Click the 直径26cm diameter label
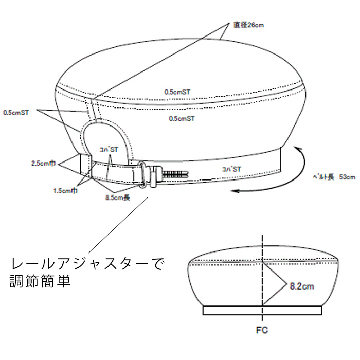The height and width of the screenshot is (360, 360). [248, 24]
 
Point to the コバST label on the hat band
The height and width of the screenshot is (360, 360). [231, 168]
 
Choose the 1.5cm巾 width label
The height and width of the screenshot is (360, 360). [66, 190]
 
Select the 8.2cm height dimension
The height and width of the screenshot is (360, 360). [301, 284]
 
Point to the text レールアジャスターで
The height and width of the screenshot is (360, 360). [87, 265]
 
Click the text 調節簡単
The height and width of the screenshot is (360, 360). [40, 282]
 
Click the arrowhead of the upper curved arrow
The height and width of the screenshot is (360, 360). [298, 148]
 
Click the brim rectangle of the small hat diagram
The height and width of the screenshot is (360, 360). [262, 310]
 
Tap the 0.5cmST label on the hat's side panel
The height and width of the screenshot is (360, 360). [182, 118]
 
